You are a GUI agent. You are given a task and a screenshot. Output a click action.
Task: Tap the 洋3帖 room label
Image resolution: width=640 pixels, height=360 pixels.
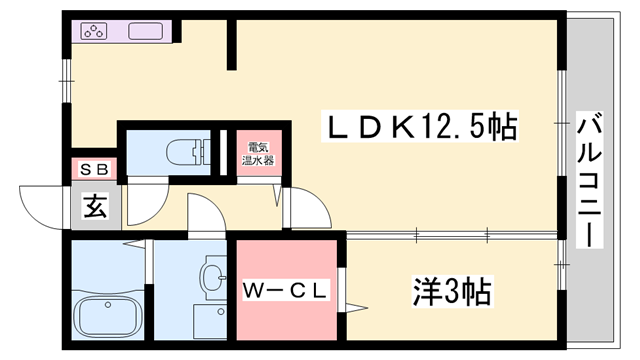[453, 292]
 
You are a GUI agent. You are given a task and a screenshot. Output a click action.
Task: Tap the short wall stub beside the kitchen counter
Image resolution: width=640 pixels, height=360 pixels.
[231, 45]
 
